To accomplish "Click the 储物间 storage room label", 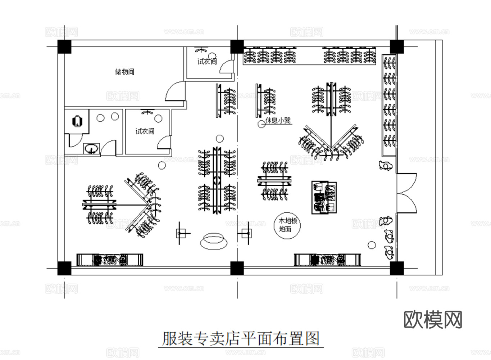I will [x=124, y=72].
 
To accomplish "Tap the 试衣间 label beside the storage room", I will [x=207, y=62].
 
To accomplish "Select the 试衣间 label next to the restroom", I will [x=145, y=131].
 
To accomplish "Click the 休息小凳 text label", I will [x=278, y=121].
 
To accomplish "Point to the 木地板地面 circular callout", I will [x=287, y=225].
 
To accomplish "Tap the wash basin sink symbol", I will [x=91, y=148].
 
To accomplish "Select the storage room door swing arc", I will [x=174, y=91].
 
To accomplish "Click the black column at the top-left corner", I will [x=64, y=47].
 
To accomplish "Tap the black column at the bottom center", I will [x=237, y=268].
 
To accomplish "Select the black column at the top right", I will [x=397, y=47].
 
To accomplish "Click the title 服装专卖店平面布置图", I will [x=241, y=338].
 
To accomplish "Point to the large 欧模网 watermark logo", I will [x=432, y=319].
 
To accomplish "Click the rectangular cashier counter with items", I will [x=325, y=197].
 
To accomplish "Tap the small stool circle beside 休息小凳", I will [x=261, y=124].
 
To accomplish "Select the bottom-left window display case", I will [x=110, y=260].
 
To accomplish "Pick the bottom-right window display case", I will [x=327, y=260].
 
